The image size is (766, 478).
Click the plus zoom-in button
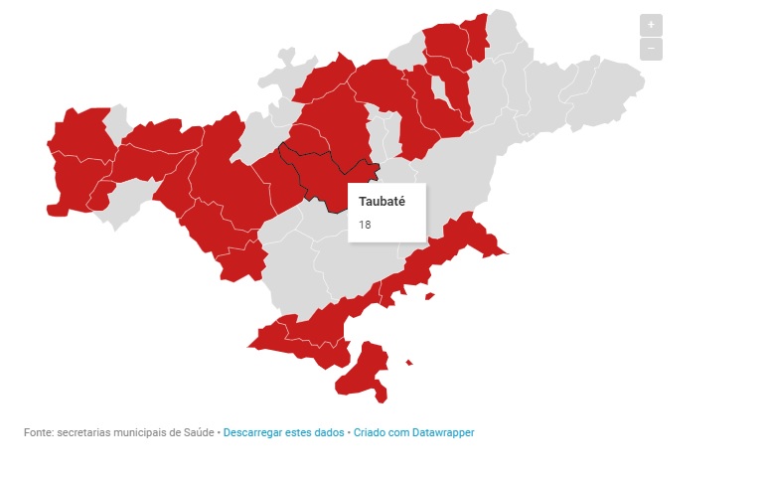pos(651,24)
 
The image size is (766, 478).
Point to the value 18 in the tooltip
pos(365,225)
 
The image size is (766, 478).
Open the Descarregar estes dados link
pos(283,433)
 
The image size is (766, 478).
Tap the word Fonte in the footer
pos(38,433)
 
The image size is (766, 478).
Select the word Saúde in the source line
pos(198,433)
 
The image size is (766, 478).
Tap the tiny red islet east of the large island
pos(409,363)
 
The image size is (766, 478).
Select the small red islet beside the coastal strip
pos(429,295)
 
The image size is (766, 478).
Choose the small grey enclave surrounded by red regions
pos(116,126)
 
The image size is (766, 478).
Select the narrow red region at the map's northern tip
pos(480,40)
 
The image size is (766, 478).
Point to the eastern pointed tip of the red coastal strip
pos(506,252)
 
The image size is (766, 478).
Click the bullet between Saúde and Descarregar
pos(219,433)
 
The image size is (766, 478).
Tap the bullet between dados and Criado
pos(349,433)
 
